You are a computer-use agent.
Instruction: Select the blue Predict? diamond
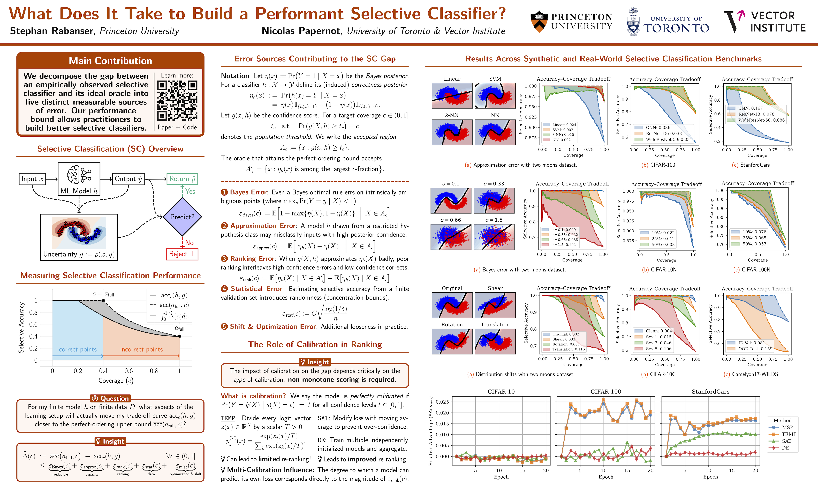(182, 217)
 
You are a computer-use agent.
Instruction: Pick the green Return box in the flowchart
(182, 179)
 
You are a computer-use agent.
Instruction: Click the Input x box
(32, 179)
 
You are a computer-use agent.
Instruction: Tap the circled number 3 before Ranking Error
(224, 259)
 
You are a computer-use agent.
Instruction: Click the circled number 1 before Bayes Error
(224, 192)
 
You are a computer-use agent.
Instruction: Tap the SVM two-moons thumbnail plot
(495, 96)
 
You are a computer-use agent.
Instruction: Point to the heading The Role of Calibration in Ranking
(315, 344)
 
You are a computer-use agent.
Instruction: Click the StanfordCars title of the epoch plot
(710, 392)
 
